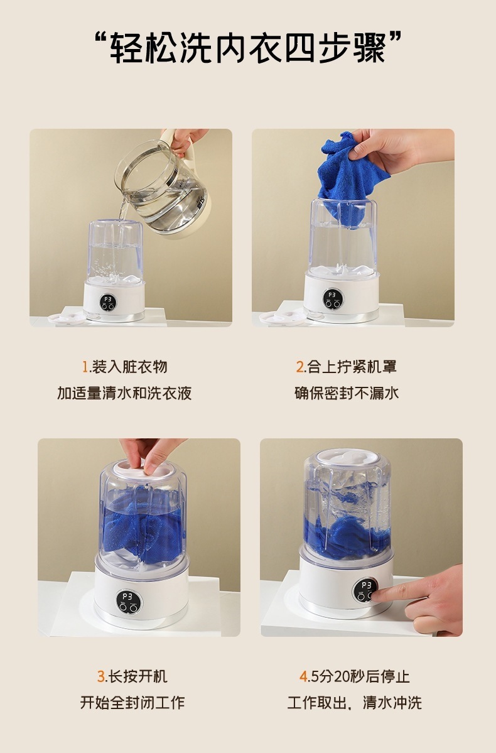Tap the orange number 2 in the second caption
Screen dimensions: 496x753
[300, 367]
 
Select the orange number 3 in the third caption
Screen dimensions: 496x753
[101, 676]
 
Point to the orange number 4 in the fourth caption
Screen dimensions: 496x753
[303, 676]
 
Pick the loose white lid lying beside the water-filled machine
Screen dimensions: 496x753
[67, 318]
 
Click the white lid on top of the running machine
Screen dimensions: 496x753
[347, 458]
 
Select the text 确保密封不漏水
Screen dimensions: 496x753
[347, 393]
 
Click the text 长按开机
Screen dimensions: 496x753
[137, 676]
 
